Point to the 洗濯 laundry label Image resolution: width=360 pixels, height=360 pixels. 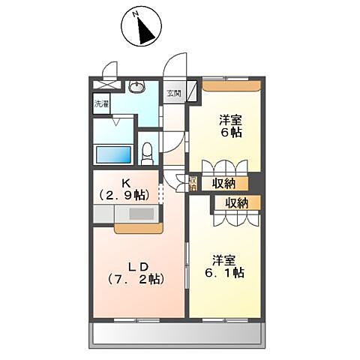pyautogui.click(x=100, y=104)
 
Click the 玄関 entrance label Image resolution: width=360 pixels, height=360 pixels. pyautogui.click(x=173, y=94)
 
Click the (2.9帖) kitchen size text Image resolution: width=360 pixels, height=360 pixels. pyautogui.click(x=124, y=195)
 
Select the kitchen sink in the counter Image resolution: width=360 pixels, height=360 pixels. pyautogui.click(x=140, y=213)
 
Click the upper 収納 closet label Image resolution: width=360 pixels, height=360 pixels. pyautogui.click(x=224, y=182)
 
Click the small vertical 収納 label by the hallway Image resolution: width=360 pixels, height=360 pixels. pyautogui.click(x=193, y=182)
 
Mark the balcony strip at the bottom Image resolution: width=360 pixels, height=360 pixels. pyautogui.click(x=177, y=334)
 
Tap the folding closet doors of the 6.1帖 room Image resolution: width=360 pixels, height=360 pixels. pyautogui.click(x=237, y=218)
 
